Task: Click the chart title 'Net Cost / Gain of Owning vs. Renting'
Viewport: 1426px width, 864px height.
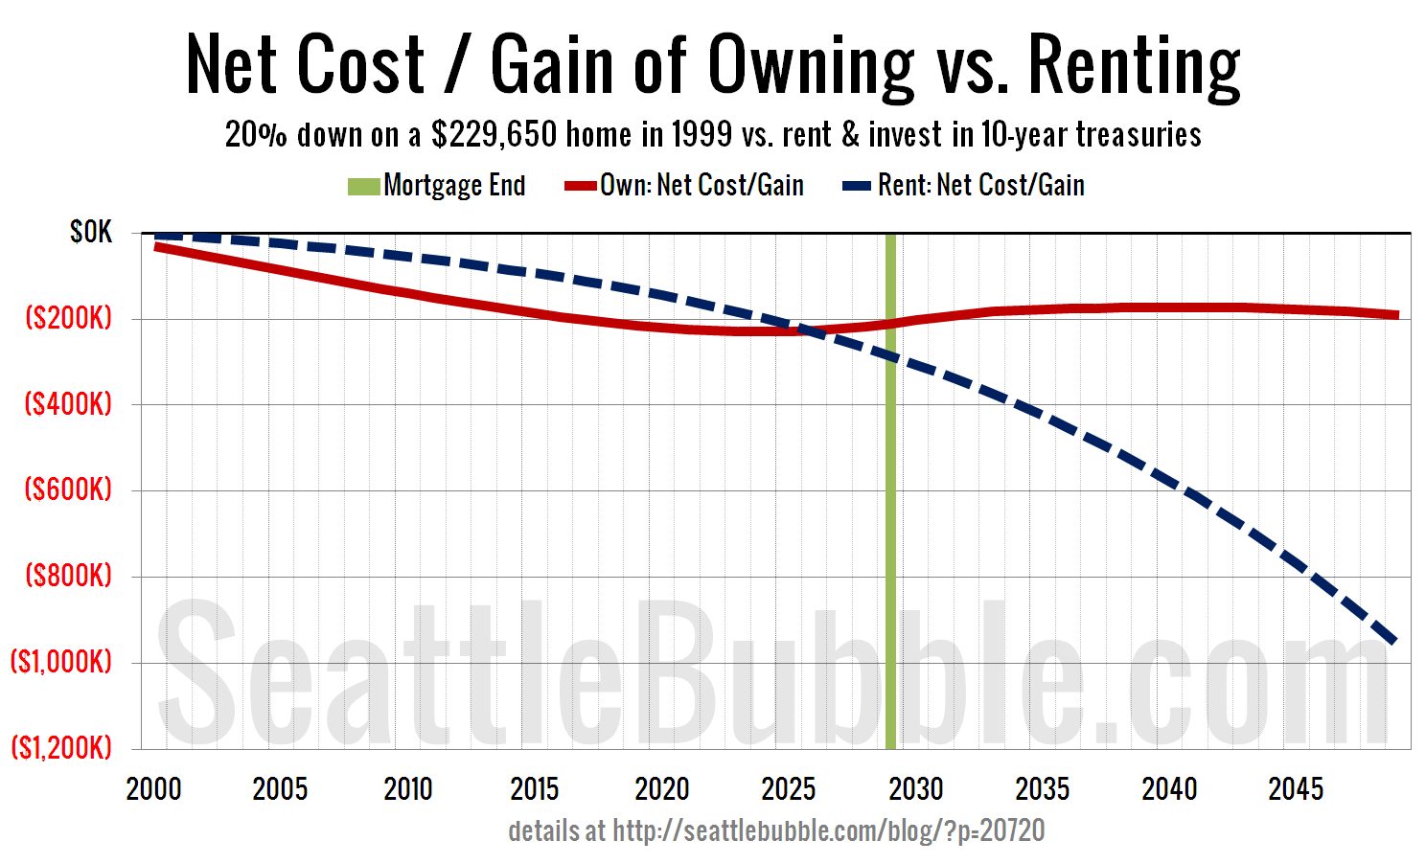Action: (x=713, y=64)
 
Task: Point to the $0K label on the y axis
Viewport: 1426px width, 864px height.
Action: (x=91, y=233)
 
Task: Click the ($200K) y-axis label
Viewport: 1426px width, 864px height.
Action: (x=68, y=318)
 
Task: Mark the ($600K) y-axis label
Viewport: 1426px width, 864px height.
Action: (x=68, y=489)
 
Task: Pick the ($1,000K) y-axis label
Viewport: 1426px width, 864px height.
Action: (x=61, y=661)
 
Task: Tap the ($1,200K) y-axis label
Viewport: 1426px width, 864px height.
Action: (x=61, y=747)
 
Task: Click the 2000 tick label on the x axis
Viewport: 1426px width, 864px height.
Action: (x=153, y=789)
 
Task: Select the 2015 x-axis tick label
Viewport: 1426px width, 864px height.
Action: (x=535, y=789)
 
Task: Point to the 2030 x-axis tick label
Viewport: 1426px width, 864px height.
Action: (x=916, y=789)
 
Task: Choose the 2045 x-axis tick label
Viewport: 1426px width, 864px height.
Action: (x=1296, y=789)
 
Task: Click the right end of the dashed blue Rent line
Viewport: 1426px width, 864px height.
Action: (x=1394, y=640)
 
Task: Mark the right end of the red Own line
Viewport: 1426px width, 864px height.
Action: (x=1396, y=314)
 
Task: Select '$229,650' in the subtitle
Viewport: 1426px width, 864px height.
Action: (x=494, y=135)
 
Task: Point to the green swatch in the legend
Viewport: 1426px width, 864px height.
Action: (x=364, y=186)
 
